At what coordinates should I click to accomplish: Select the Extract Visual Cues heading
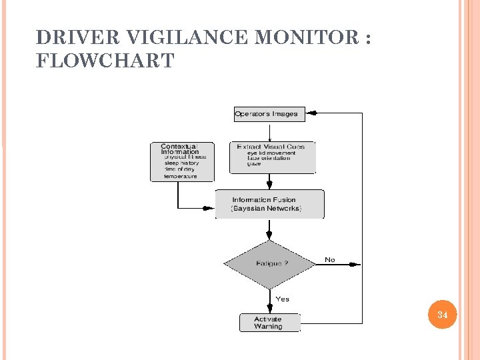[271, 147]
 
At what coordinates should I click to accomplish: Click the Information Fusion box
[269, 204]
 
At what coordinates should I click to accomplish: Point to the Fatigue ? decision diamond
[270, 264]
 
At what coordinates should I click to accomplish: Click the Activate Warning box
[269, 323]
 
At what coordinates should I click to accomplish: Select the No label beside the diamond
[330, 259]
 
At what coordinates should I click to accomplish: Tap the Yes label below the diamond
[283, 299]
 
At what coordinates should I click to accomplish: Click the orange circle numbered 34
[442, 314]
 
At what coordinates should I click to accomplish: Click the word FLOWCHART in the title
[105, 61]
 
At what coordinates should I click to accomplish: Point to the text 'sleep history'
[181, 163]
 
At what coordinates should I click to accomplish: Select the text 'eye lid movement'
[271, 153]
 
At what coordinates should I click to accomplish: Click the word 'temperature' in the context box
[181, 177]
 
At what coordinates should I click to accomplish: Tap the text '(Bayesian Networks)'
[266, 209]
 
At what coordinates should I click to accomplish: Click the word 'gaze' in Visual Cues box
[254, 164]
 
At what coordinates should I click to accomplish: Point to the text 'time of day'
[179, 170]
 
